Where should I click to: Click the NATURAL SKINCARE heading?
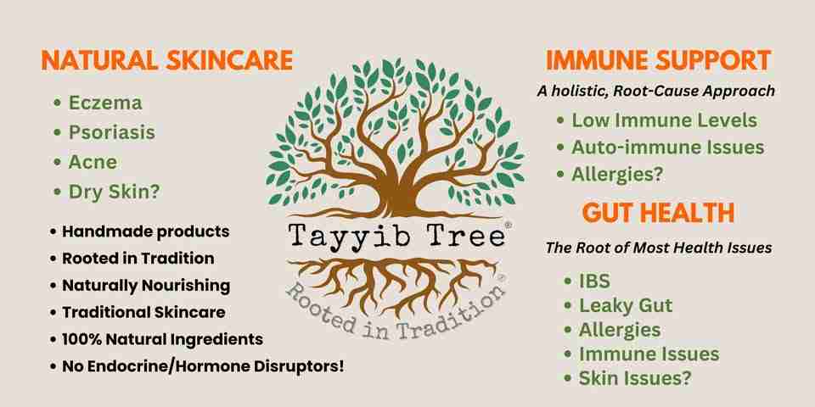point(167,60)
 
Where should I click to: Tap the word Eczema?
point(105,103)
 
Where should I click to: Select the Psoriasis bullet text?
point(112,132)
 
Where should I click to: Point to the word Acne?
point(93,162)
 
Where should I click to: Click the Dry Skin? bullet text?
point(115,192)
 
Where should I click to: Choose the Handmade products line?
point(145,231)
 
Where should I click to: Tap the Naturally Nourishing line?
point(146,286)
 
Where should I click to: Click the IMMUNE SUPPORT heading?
point(658,61)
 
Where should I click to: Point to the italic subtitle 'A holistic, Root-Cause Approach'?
point(656,91)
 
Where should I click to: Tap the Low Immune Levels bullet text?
point(664,120)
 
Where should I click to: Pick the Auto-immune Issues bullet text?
point(668,148)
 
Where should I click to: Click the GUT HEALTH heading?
point(658,213)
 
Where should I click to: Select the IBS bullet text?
point(594,282)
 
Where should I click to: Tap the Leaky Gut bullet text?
point(626,306)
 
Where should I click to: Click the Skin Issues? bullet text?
point(635,378)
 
